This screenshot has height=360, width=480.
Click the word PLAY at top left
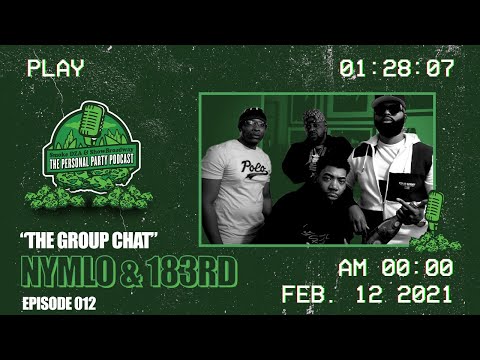point(56,69)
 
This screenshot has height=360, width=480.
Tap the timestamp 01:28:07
point(397,69)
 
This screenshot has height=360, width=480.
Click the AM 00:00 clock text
point(396,268)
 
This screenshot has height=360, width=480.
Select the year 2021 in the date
point(419,297)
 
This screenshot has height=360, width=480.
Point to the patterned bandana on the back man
point(314,115)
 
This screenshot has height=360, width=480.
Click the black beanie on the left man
point(253,113)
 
